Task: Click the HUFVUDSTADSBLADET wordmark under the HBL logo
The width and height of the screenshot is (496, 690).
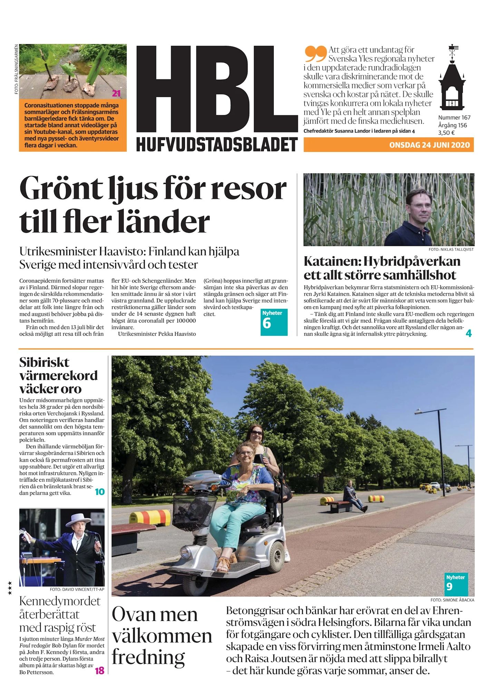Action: pos(217,144)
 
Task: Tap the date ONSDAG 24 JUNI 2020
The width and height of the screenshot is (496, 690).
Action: pos(429,145)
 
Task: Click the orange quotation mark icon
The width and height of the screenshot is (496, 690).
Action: pos(315,53)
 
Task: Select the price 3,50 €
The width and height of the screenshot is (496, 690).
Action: pos(446,132)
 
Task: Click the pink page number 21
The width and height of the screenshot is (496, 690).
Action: pos(116,93)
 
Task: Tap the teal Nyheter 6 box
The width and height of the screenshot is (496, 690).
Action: pos(274,322)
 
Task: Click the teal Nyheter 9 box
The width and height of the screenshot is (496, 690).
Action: pos(456,583)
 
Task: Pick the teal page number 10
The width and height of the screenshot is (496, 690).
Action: pos(99,492)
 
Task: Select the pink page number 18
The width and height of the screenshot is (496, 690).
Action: pos(99,670)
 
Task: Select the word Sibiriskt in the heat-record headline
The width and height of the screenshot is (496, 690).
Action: pos(44,362)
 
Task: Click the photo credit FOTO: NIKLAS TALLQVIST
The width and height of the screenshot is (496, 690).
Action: pos(451,249)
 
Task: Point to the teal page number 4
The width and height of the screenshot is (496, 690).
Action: pos(468,333)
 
